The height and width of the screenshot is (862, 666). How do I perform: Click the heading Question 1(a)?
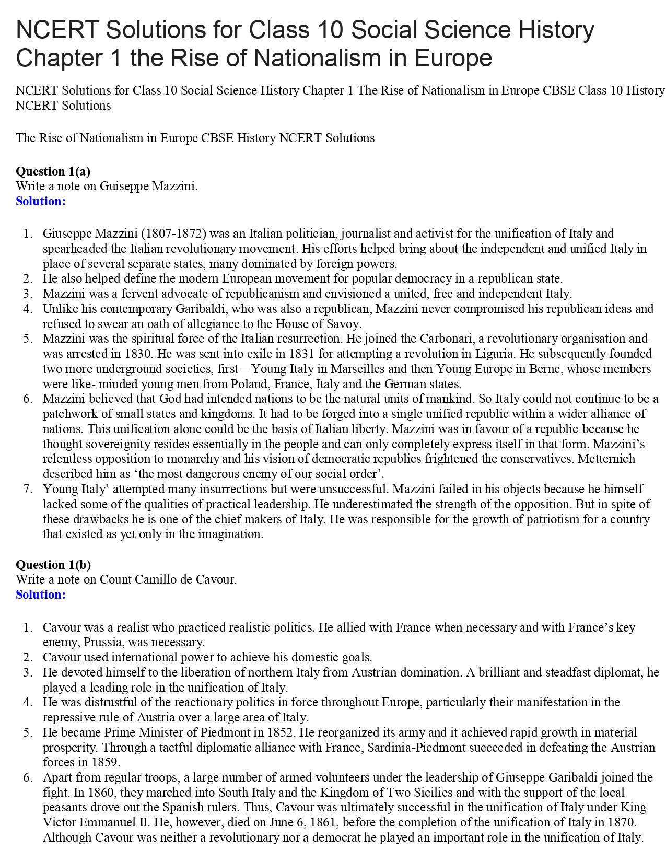point(53,171)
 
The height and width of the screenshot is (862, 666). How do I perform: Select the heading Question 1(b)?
point(53,565)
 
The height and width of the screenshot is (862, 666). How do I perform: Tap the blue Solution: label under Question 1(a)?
point(41,201)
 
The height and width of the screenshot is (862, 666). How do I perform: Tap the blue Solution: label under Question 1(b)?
point(41,595)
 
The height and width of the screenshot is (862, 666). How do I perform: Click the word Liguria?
point(494,354)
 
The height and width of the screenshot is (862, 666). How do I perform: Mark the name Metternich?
point(609,459)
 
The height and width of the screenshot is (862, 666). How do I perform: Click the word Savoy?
point(341,324)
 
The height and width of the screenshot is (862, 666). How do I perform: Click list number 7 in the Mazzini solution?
point(28,490)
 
